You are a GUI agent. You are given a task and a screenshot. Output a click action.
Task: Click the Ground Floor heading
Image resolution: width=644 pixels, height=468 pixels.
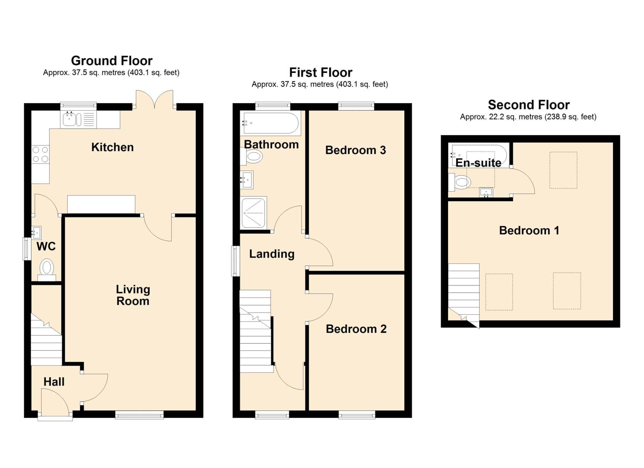112,61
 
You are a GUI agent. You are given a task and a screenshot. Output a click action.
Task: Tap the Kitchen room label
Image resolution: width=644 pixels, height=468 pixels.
113,147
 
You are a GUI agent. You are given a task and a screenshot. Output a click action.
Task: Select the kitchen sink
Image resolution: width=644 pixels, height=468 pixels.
78,119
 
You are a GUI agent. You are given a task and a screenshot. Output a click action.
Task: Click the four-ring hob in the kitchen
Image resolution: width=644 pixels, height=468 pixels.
41,154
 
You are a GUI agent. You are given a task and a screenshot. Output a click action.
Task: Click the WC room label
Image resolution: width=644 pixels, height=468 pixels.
46,246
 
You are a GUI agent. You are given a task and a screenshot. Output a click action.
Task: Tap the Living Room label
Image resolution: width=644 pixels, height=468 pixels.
133,295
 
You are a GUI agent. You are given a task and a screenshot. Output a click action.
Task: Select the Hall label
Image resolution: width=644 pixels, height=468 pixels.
54,382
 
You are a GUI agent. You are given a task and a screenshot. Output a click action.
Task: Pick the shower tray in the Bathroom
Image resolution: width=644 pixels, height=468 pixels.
253,213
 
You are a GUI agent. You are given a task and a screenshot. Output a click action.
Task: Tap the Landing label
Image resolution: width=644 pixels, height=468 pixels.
272,254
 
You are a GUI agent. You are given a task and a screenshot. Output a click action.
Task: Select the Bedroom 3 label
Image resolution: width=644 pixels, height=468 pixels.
356,150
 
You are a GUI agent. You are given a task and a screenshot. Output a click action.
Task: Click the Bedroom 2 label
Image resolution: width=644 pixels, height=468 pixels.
356,329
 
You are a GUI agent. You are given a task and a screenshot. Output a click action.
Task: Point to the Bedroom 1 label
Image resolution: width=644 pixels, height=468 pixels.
529,230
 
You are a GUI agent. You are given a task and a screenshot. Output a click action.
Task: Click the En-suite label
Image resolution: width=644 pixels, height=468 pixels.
478,163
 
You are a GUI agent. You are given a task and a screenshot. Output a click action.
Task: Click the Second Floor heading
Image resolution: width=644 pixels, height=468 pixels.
529,105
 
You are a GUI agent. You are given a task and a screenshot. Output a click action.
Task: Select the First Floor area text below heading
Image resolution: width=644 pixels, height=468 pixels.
320,84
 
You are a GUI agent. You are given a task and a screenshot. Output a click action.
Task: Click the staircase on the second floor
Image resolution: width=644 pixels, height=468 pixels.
464,295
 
